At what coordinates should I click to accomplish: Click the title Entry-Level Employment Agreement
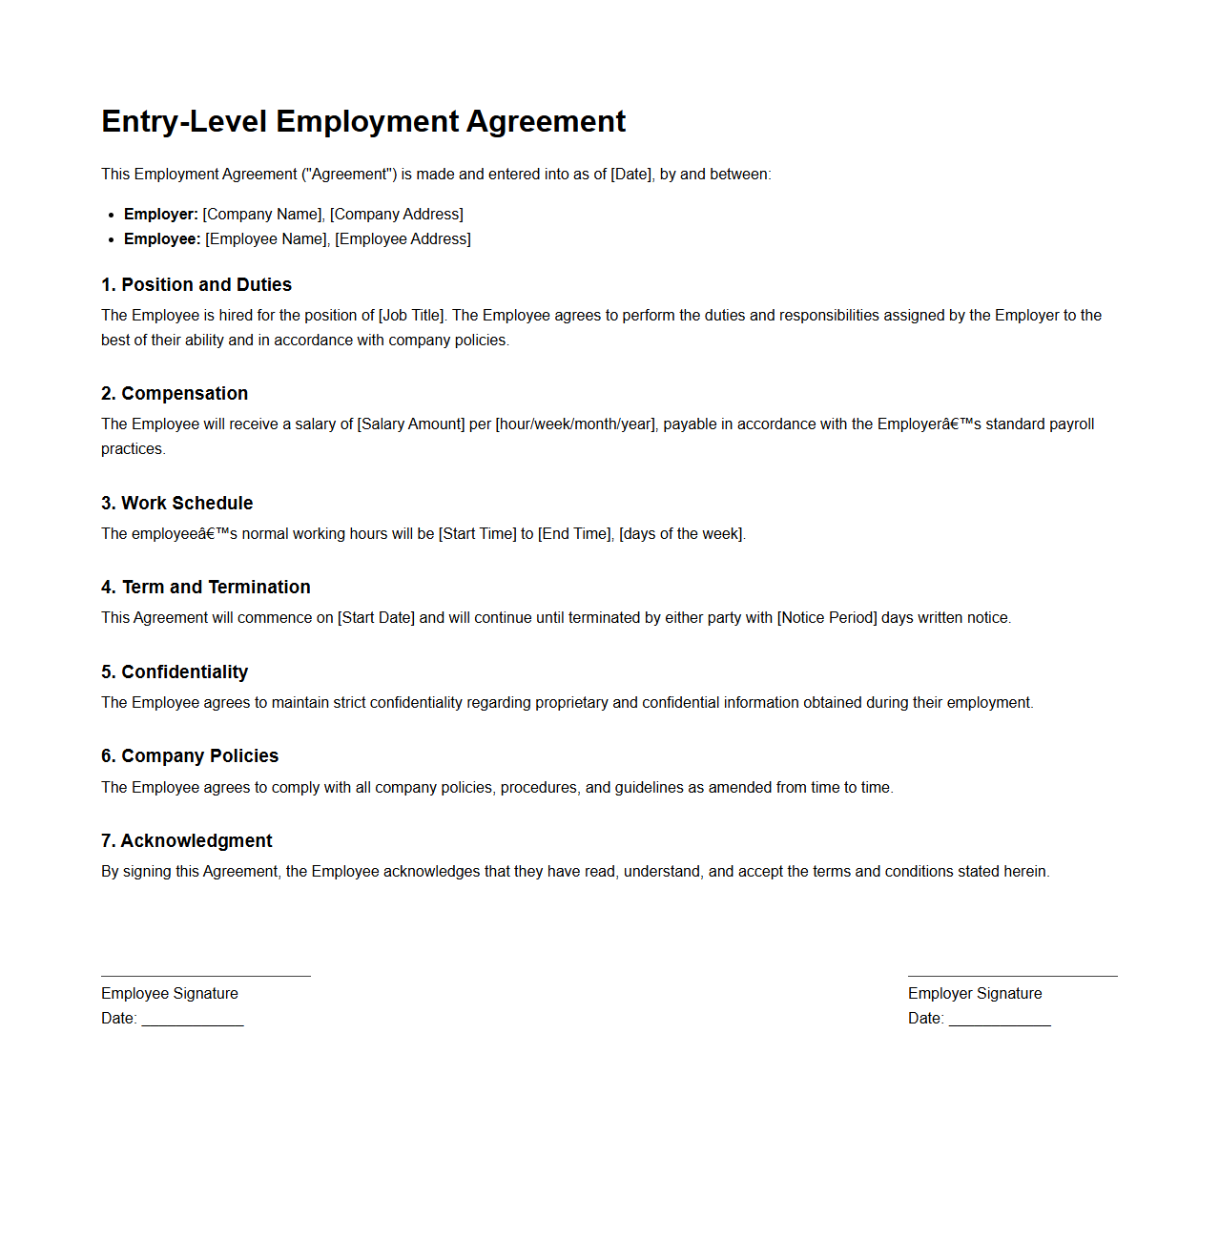pyautogui.click(x=363, y=122)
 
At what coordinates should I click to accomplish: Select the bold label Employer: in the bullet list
pyautogui.click(x=161, y=215)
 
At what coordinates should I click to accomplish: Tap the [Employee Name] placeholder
pyautogui.click(x=267, y=239)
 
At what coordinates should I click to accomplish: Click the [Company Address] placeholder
pyautogui.click(x=397, y=215)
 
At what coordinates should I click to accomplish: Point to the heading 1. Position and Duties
pyautogui.click(x=196, y=285)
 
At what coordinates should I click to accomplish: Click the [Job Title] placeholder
pyautogui.click(x=412, y=316)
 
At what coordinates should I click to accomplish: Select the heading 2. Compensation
pyautogui.click(x=175, y=394)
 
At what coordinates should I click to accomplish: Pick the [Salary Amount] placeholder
pyautogui.click(x=411, y=424)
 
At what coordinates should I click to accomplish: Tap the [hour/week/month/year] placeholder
pyautogui.click(x=575, y=424)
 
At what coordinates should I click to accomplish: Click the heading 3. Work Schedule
pyautogui.click(x=177, y=504)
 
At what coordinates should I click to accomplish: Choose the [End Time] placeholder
pyautogui.click(x=574, y=534)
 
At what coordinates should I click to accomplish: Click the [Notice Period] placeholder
pyautogui.click(x=827, y=618)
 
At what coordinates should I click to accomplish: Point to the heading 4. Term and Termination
pyautogui.click(x=206, y=588)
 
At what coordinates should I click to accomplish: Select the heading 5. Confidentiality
pyautogui.click(x=175, y=672)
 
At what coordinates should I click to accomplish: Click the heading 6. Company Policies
pyautogui.click(x=190, y=756)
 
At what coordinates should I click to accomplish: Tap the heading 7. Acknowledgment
pyautogui.click(x=187, y=841)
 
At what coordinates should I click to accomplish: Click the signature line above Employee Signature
pyautogui.click(x=206, y=975)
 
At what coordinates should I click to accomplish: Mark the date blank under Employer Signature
pyautogui.click(x=1000, y=1023)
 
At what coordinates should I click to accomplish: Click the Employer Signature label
pyautogui.click(x=975, y=994)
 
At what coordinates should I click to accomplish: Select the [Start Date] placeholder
pyautogui.click(x=377, y=618)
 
